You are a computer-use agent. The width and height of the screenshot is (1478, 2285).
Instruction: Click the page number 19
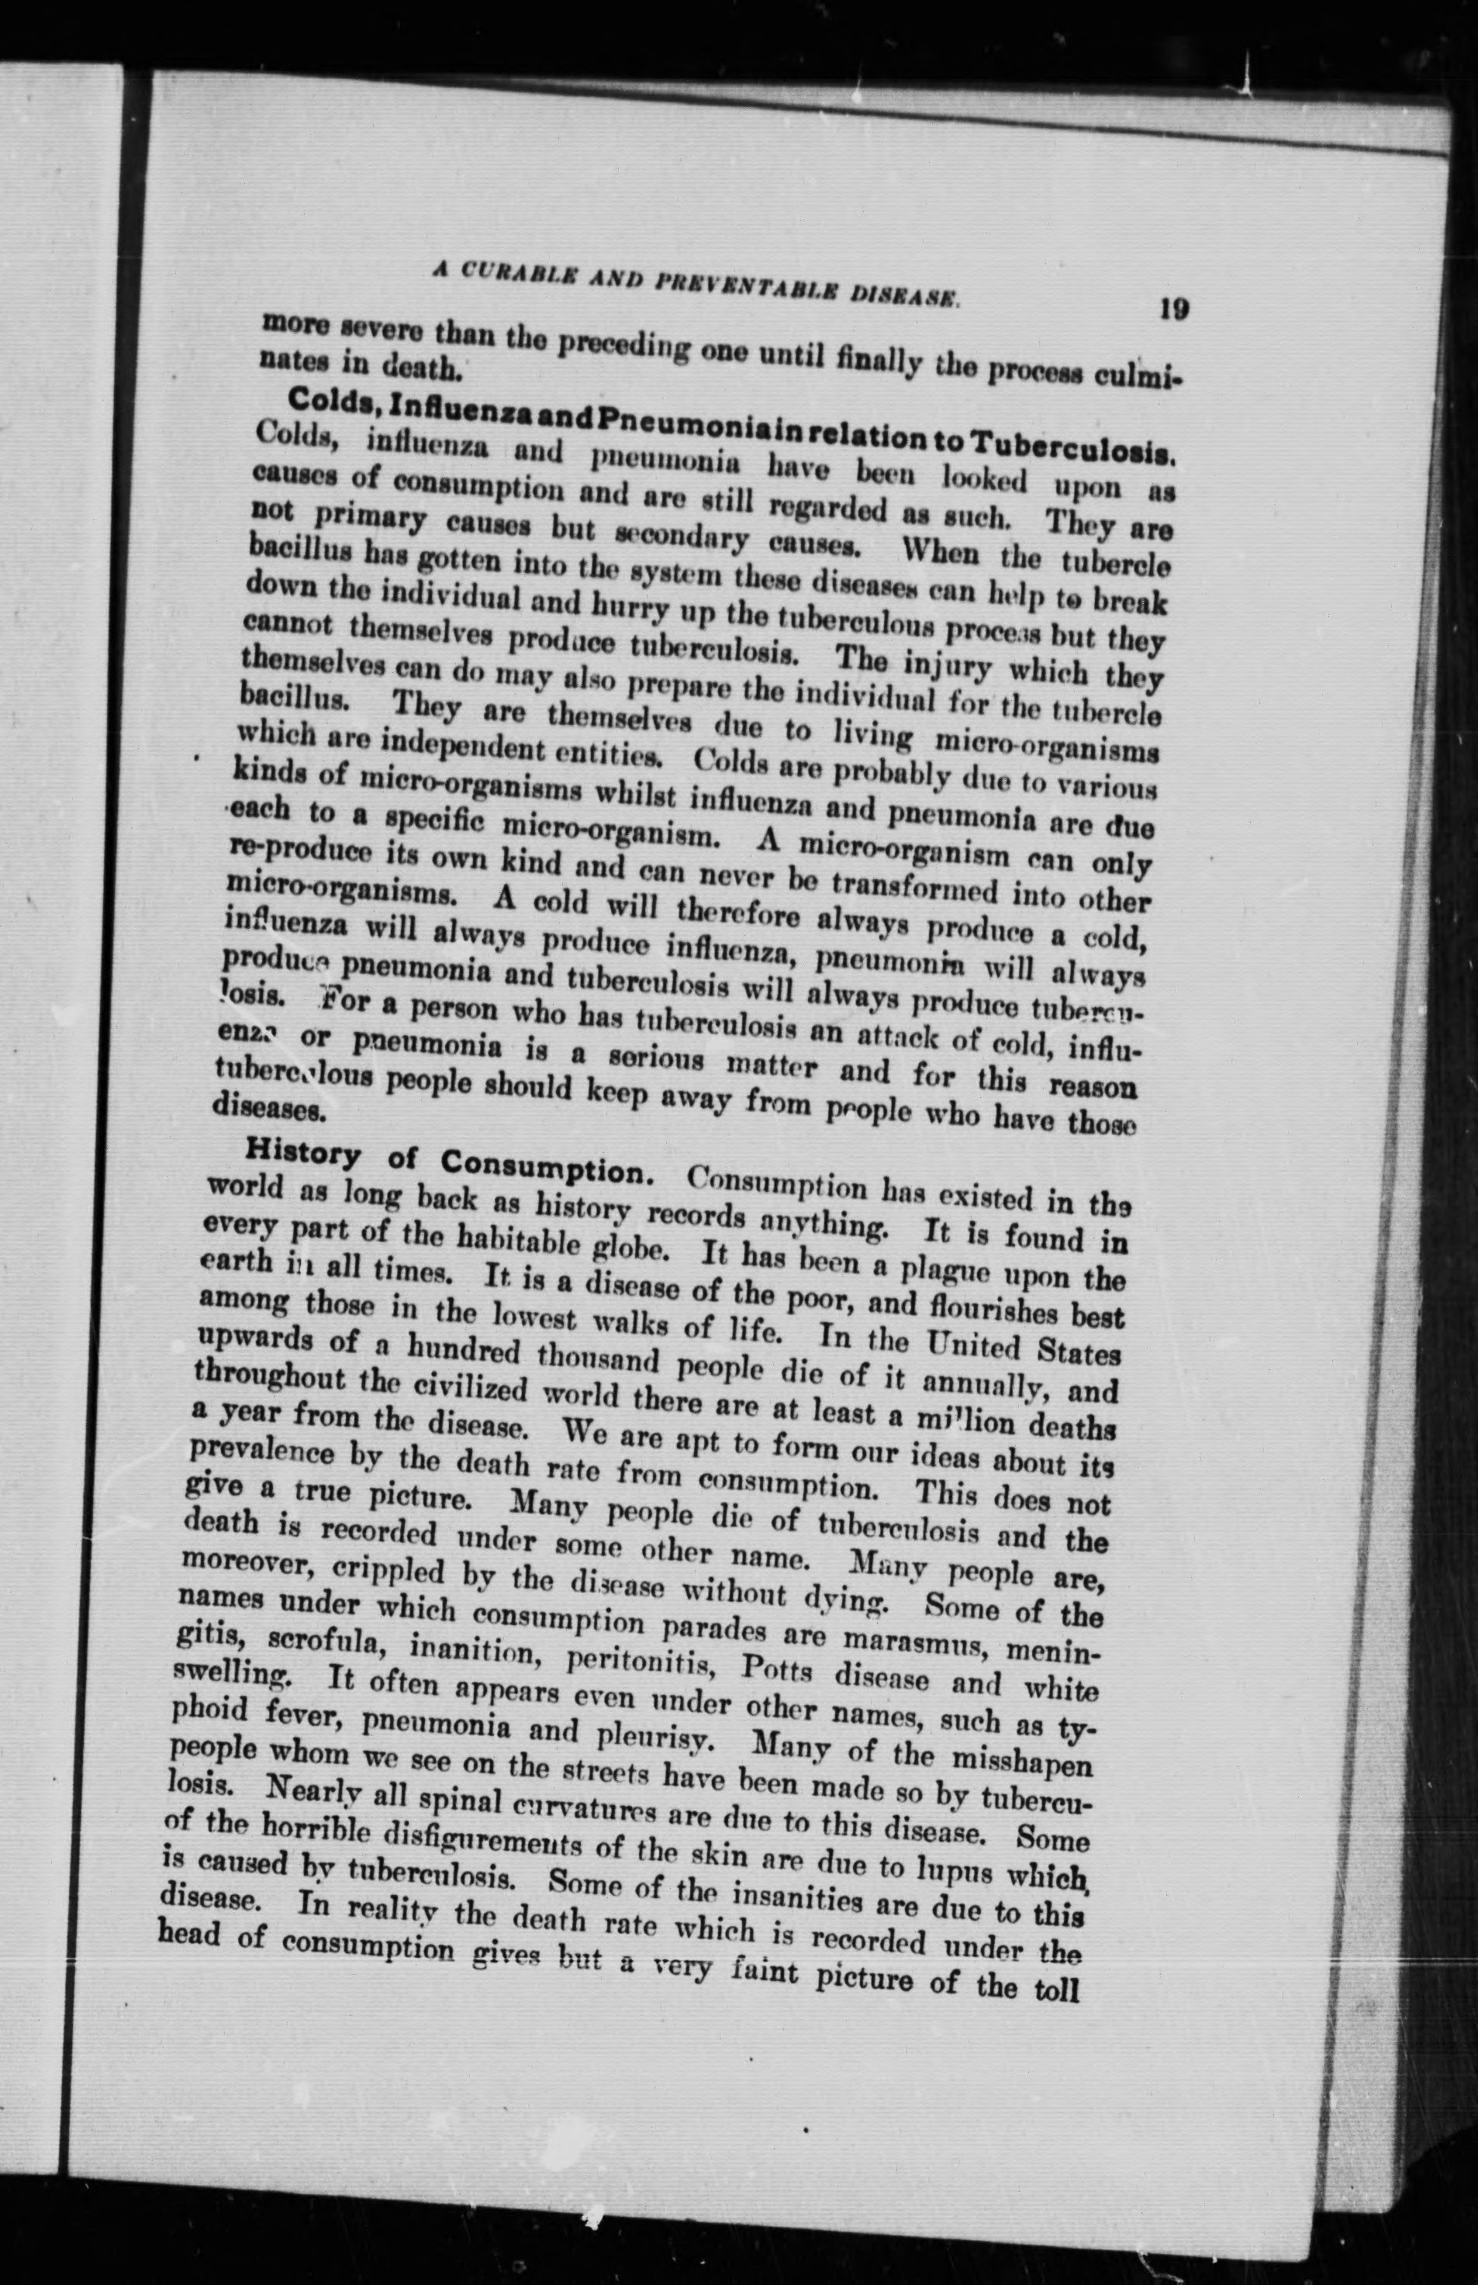1172,310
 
